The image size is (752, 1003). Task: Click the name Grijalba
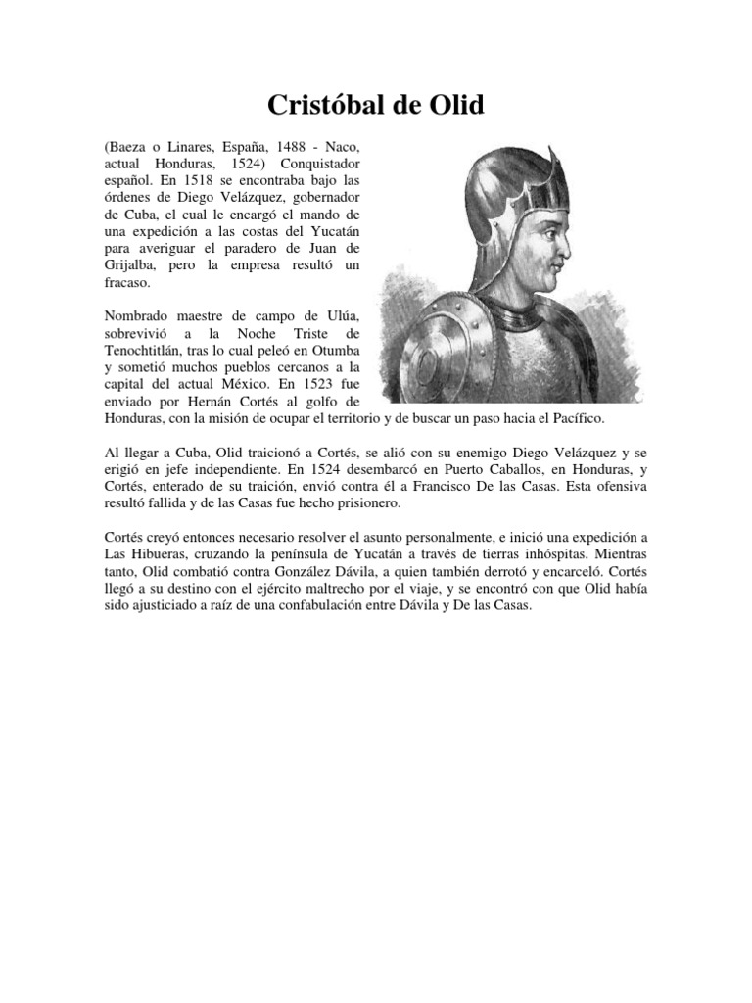pyautogui.click(x=130, y=265)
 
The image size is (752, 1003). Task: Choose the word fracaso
pyautogui.click(x=127, y=283)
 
